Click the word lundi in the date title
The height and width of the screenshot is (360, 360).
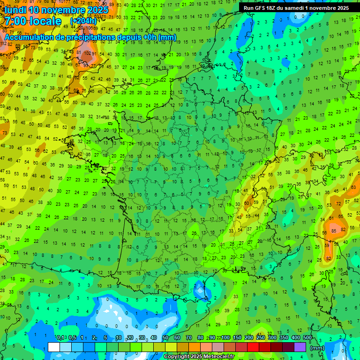pyautogui.click(x=16, y=10)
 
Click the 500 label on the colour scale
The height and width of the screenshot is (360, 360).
pyautogui.click(x=307, y=338)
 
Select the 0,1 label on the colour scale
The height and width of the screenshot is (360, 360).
pyautogui.click(x=60, y=338)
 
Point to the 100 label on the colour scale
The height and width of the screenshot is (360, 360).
pyautogui.click(x=225, y=338)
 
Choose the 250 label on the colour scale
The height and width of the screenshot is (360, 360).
pyautogui.click(x=261, y=338)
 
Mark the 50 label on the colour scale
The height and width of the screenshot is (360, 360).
pyautogui.click(x=165, y=338)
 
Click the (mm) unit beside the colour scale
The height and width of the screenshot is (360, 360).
pyautogui.click(x=318, y=348)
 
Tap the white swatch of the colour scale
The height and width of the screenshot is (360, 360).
pyautogui.click(x=54, y=347)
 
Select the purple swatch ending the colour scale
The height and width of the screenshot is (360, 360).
pyautogui.click(x=300, y=347)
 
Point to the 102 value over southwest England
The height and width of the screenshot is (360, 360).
pyautogui.click(x=87, y=53)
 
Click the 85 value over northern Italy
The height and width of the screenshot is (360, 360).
pyautogui.click(x=334, y=231)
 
